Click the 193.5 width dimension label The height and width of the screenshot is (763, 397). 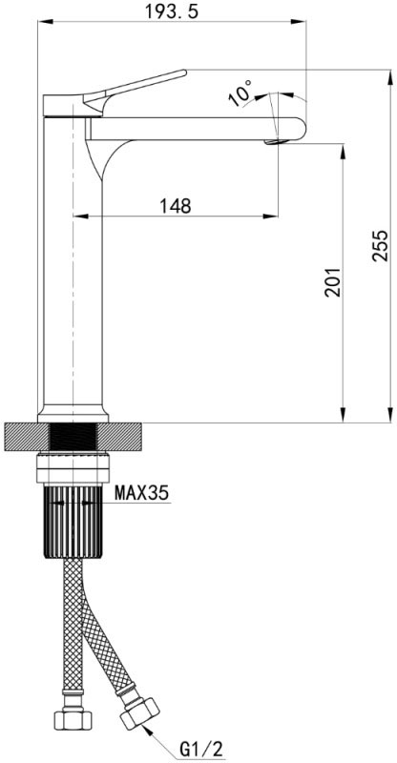pos(172,10)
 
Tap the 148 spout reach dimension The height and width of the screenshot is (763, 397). pos(176,206)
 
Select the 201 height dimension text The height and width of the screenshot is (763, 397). pos(333,281)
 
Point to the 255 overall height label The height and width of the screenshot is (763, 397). pos(381,246)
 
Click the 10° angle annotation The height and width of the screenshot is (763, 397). pos(240,93)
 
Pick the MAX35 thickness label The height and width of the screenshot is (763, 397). pos(141,493)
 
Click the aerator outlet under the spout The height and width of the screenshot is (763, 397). pos(274,142)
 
